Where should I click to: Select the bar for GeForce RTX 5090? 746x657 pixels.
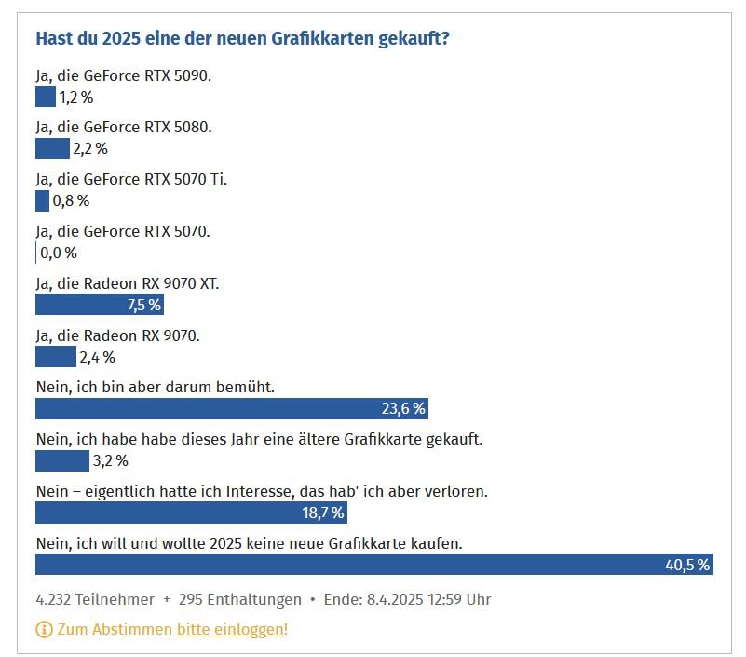[46, 96]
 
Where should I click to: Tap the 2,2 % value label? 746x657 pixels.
[90, 148]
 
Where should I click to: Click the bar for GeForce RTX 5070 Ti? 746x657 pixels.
[42, 200]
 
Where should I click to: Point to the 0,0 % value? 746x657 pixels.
[59, 253]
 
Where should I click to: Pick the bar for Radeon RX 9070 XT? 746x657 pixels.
[100, 305]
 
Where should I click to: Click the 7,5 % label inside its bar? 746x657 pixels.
[144, 305]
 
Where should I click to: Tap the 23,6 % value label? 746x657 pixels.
[403, 408]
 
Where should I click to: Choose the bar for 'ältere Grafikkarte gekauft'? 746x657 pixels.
[61, 460]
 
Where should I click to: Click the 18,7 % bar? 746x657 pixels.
[191, 513]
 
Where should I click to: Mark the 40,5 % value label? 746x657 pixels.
[687, 565]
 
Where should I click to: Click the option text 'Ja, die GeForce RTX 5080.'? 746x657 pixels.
[124, 127]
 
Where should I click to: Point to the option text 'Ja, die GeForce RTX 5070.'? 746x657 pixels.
[123, 231]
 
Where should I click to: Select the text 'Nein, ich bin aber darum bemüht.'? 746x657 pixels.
[155, 386]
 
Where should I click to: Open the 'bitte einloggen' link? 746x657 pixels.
[230, 629]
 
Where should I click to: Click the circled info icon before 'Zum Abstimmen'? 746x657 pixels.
[44, 629]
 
